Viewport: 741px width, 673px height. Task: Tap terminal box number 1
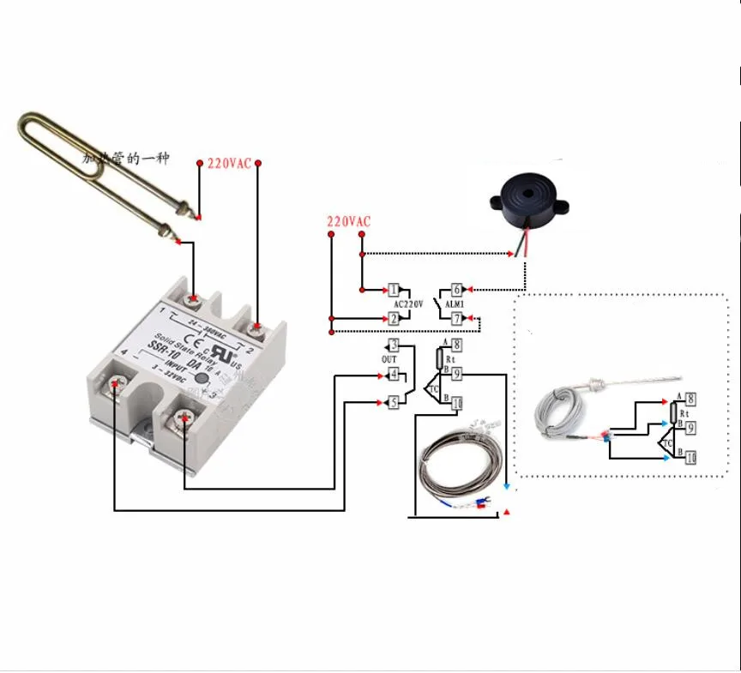point(395,290)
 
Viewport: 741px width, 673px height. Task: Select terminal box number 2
point(395,319)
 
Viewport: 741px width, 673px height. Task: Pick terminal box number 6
point(457,290)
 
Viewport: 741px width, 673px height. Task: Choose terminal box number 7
point(457,319)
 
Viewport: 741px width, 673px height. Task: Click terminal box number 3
point(393,345)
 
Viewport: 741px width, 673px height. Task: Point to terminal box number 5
point(393,400)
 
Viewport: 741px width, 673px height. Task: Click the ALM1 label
point(455,303)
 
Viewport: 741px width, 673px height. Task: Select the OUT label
point(389,359)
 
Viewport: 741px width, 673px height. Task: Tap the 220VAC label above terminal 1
point(348,222)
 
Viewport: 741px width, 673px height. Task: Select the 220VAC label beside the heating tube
point(229,163)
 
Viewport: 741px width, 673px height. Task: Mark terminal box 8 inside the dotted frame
point(690,397)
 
